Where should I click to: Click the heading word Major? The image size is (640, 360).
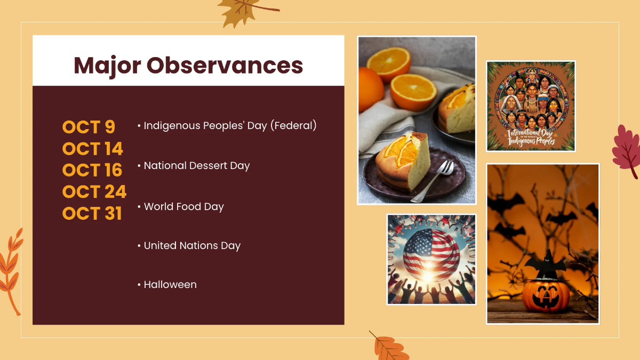pos(107,65)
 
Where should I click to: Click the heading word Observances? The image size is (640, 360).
pos(225,65)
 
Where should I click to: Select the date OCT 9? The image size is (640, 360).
pos(89,127)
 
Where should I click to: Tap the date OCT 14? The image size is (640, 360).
pos(93,149)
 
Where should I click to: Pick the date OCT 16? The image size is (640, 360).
pos(92,170)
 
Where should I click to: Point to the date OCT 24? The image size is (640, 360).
pos(94,191)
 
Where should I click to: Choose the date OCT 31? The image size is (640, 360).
pos(92,213)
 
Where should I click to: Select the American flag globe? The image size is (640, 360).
pos(431,255)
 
